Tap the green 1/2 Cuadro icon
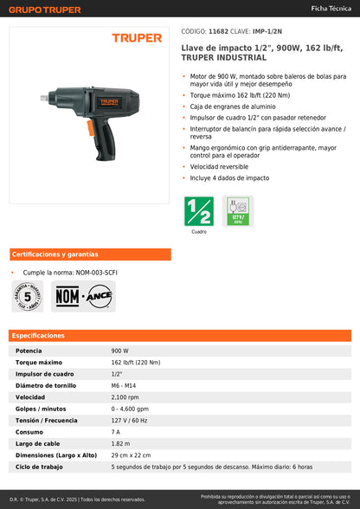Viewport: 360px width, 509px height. [x=199, y=211]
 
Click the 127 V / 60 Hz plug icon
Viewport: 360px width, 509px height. [x=238, y=211]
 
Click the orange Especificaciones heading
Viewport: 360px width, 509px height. [x=38, y=335]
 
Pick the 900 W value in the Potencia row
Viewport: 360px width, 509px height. [x=120, y=351]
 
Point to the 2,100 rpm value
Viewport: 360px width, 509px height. [x=126, y=396]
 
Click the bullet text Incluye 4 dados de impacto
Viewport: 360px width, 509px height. [x=229, y=177]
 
